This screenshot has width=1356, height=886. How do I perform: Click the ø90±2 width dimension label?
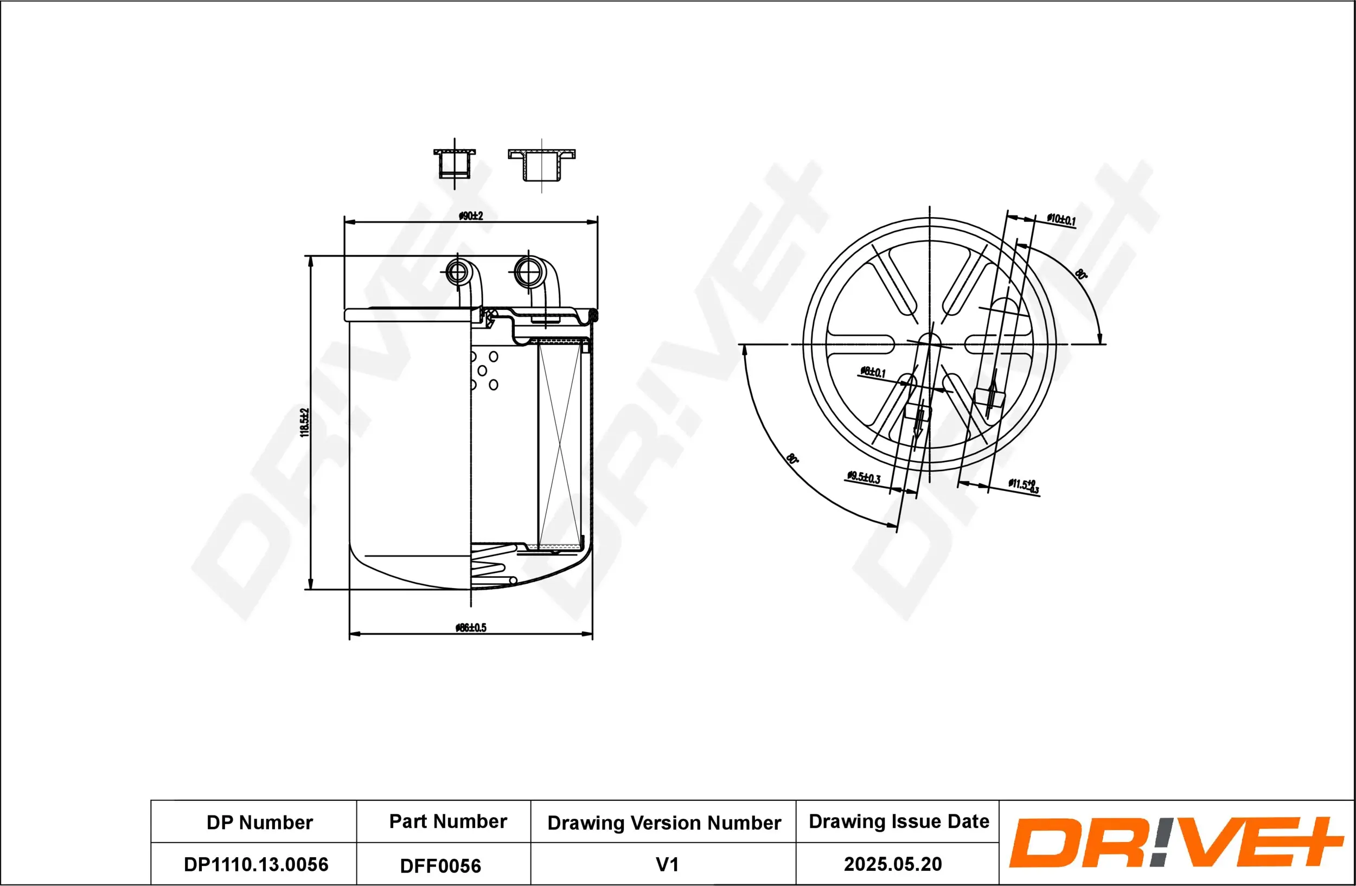click(471, 216)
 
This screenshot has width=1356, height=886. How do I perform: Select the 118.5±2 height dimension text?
click(305, 422)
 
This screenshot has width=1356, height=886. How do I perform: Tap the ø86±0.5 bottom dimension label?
click(471, 628)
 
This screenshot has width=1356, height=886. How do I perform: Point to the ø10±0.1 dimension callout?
click(1061, 219)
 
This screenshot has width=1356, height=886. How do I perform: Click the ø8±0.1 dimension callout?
click(873, 373)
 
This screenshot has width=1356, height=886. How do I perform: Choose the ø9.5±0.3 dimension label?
click(864, 477)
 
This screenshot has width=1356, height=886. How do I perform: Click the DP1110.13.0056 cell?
click(256, 864)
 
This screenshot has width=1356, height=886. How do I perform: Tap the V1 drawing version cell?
click(667, 865)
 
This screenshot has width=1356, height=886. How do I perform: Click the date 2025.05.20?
click(893, 864)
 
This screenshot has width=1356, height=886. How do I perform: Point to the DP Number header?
click(259, 823)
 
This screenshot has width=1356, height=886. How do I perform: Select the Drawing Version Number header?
click(664, 823)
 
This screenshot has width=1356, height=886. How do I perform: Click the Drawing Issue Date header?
click(899, 821)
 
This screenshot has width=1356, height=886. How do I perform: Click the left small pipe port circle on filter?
click(457, 272)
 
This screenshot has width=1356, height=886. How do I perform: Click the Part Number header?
click(448, 821)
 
